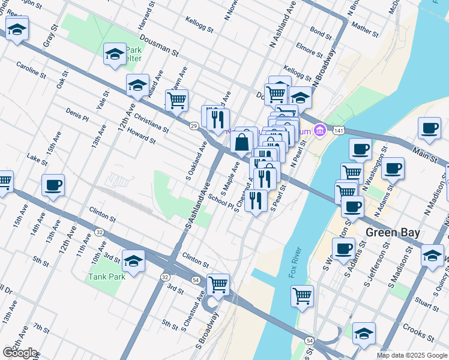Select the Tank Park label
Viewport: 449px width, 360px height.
(x=106, y=277)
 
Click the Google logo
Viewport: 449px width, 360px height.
(x=20, y=353)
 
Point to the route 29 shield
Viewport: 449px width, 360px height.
(x=193, y=126)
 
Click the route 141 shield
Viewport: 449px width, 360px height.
(x=339, y=130)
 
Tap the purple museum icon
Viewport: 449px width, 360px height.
(x=320, y=130)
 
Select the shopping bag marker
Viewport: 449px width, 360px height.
(x=241, y=143)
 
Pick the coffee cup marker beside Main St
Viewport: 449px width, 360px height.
(x=430, y=128)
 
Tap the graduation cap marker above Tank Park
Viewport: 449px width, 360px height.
(x=133, y=260)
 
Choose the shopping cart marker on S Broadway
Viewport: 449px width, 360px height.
(x=218, y=285)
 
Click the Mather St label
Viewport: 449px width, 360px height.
(x=365, y=29)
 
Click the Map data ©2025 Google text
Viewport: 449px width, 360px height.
(x=412, y=355)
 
